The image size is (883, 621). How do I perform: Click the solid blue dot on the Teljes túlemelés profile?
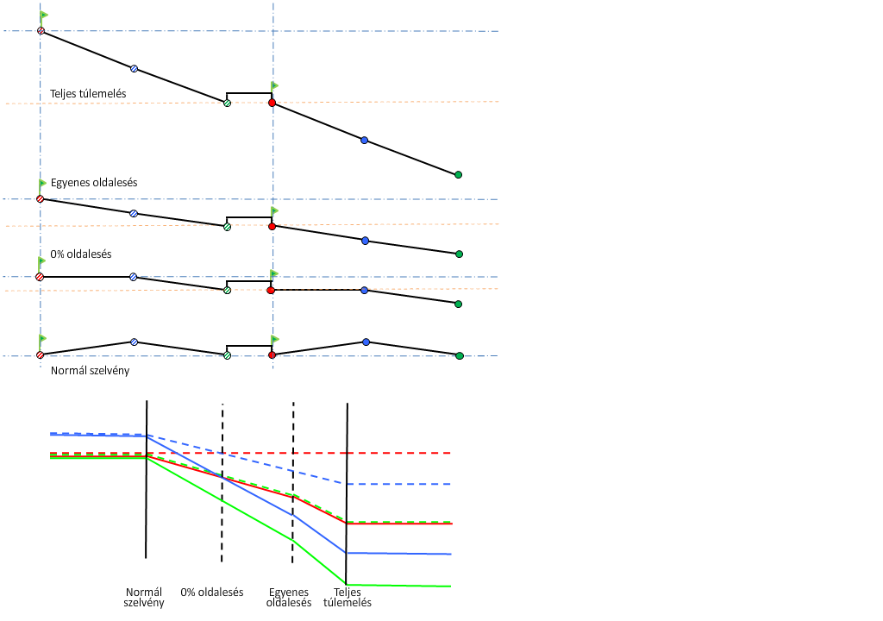point(364,140)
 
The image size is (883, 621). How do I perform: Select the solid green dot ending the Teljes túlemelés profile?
point(458,175)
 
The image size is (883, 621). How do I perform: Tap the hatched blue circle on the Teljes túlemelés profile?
point(134,68)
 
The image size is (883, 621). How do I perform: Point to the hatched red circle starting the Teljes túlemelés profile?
point(41,31)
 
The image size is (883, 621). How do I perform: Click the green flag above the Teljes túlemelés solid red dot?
point(275,86)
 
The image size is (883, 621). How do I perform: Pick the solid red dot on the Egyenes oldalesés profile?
point(272,226)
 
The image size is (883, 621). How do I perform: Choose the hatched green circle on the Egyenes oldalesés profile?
point(227,227)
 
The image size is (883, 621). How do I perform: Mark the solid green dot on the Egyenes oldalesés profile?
point(459,254)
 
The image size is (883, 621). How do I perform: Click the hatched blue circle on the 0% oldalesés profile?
point(133,277)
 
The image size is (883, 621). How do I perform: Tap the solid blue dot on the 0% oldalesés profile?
point(365,291)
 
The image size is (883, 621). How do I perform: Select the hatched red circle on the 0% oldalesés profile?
point(40,277)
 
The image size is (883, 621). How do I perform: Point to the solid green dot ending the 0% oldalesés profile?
point(458,304)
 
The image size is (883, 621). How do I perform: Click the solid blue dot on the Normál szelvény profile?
point(366,342)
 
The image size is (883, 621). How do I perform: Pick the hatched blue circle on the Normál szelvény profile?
point(134,342)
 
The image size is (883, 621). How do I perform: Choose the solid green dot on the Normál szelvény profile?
point(459,355)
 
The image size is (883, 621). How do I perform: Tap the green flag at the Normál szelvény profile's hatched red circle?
point(43,340)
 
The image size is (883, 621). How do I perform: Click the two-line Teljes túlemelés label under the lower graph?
point(348,598)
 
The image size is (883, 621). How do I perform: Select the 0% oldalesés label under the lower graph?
point(212,593)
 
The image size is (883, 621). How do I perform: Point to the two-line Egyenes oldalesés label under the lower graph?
point(290,598)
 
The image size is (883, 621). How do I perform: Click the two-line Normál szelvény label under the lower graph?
point(144,598)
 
